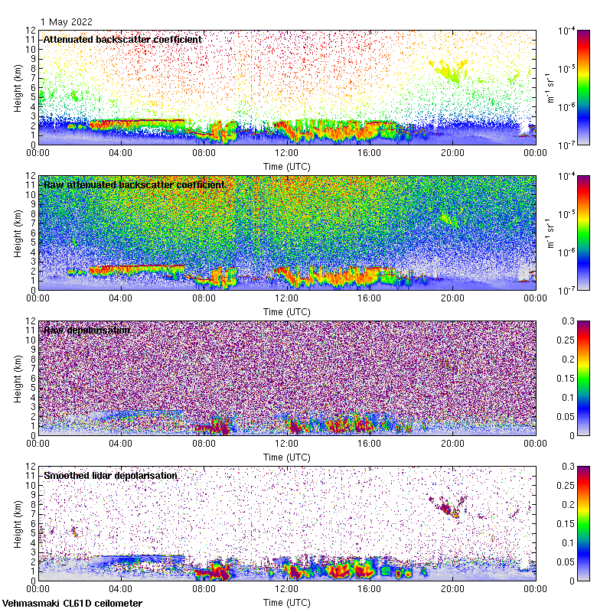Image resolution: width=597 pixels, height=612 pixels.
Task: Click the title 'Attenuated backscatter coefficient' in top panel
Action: (122, 39)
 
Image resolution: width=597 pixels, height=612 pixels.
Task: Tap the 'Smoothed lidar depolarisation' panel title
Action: (110, 475)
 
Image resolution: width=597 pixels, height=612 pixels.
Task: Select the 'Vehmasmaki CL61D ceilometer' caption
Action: (72, 604)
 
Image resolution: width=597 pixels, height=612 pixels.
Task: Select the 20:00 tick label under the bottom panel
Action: (452, 589)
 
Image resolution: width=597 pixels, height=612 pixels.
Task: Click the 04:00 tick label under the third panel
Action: (121, 444)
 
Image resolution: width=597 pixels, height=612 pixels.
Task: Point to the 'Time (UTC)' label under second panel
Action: (286, 311)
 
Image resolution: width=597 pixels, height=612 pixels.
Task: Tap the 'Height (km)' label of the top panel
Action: (17, 86)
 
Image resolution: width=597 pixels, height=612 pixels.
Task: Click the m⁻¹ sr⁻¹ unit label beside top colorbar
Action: (550, 86)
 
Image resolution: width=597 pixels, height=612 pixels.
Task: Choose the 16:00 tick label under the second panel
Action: (370, 298)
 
